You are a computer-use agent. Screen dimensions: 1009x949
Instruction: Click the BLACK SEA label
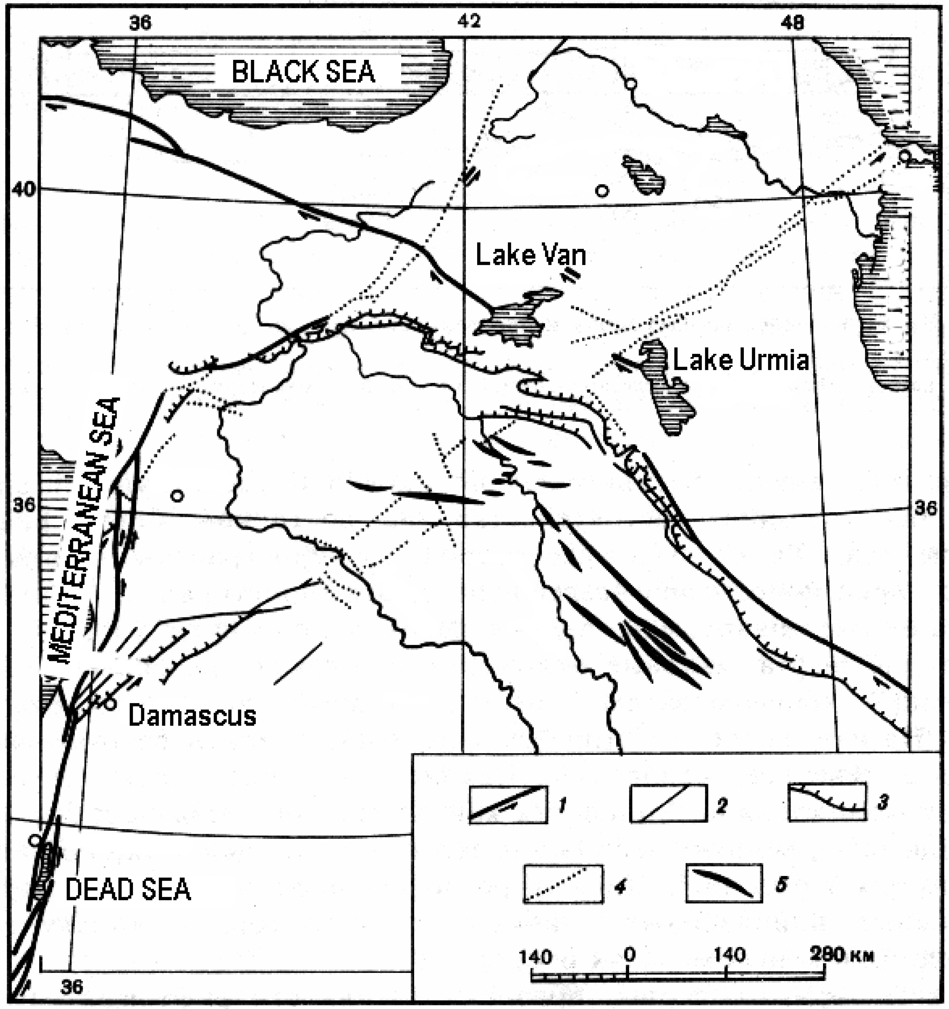(x=303, y=72)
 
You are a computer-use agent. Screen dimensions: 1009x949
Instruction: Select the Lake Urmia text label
(x=740, y=360)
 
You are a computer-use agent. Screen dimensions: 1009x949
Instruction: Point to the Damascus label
(x=192, y=716)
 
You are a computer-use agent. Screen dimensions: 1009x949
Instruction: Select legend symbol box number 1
(x=508, y=804)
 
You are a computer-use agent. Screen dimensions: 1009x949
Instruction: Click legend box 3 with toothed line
(x=827, y=802)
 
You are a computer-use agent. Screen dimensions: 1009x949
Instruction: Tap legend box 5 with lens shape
(x=724, y=883)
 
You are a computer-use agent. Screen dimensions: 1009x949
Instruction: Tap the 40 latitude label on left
(x=24, y=189)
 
